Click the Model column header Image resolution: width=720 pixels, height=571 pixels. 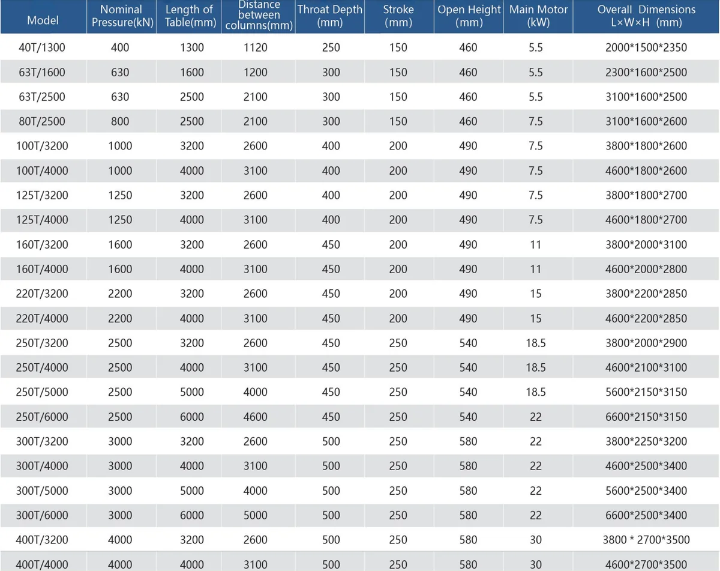point(43,20)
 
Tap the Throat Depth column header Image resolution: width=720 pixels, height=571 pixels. point(330,16)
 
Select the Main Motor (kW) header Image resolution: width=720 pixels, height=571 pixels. point(538,16)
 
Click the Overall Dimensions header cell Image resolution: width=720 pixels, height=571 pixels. point(646,16)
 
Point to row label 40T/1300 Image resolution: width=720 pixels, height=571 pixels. point(42,47)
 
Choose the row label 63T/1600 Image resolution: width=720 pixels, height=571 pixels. point(42,72)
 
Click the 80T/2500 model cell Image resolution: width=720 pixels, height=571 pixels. point(42,121)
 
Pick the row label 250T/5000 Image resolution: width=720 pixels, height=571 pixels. point(42,392)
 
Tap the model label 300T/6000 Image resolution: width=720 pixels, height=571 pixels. point(42,515)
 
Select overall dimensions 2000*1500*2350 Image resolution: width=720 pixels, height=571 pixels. point(646,47)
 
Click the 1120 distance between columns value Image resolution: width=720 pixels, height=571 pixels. point(255,47)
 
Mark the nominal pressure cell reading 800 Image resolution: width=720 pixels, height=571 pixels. point(120,121)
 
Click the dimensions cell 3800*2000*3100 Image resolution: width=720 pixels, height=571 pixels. point(646,244)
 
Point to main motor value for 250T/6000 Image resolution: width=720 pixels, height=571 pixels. point(535,417)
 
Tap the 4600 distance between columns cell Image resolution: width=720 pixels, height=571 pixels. point(255,417)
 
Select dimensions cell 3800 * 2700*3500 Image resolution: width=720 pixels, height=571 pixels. point(646,540)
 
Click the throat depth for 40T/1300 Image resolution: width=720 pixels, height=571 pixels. point(331,47)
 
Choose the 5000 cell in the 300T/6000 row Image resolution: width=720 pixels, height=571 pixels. point(255,515)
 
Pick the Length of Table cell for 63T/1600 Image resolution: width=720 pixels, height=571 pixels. point(192,72)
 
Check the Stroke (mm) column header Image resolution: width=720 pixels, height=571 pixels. point(398,16)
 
